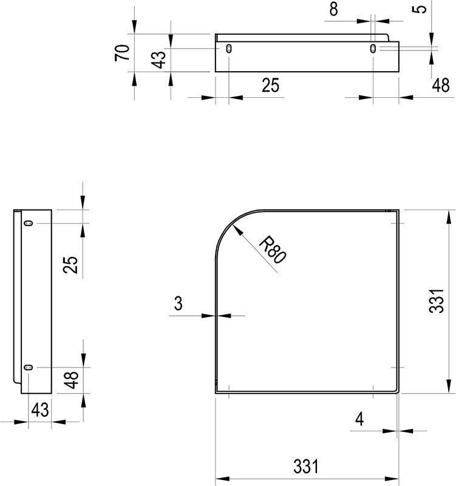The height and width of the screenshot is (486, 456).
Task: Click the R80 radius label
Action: click(x=272, y=250)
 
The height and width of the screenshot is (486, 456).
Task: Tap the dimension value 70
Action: click(x=122, y=53)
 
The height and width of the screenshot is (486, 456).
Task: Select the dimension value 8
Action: click(x=333, y=9)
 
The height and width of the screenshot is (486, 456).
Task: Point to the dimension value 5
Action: click(x=419, y=9)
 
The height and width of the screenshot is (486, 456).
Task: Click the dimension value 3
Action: click(x=179, y=303)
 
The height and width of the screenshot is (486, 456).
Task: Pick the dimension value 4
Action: click(x=359, y=420)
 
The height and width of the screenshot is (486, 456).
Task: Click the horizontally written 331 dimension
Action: click(x=306, y=467)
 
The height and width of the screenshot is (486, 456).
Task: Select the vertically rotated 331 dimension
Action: click(x=437, y=301)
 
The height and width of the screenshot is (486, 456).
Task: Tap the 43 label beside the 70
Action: click(x=158, y=60)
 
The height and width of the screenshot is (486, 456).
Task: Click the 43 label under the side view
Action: click(x=40, y=410)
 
